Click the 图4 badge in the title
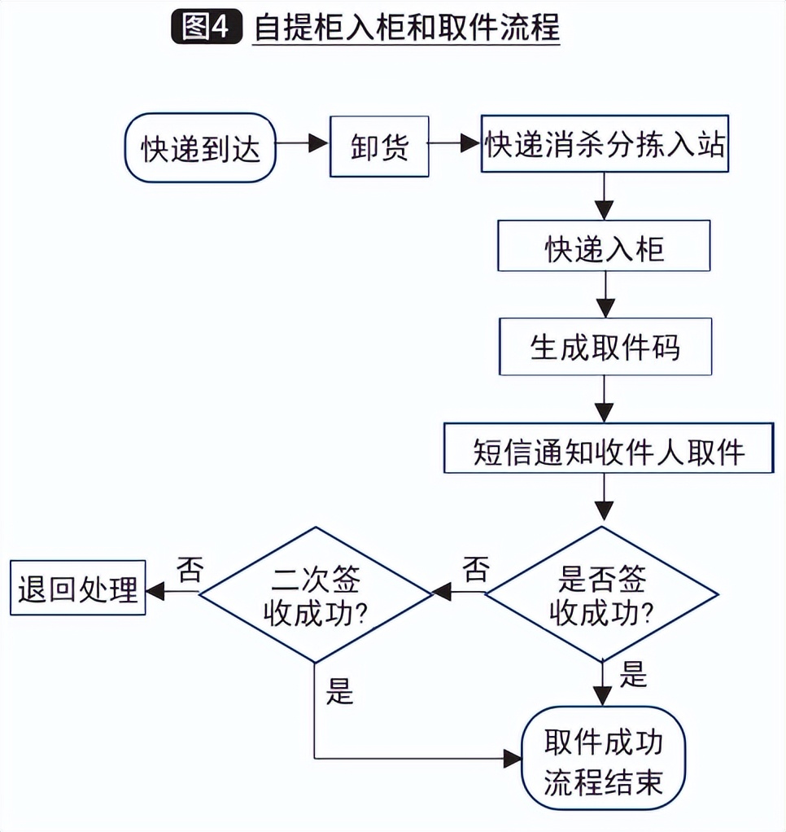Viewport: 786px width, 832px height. click(207, 28)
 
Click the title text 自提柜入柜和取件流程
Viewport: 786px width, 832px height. click(407, 28)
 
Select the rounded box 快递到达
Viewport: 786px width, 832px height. click(199, 147)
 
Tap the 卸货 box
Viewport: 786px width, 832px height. click(378, 146)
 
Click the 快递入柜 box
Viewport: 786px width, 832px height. click(604, 247)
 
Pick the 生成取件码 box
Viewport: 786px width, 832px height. click(604, 348)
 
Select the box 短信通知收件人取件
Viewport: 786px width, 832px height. click(608, 449)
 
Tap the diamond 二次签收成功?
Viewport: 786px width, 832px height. click(314, 593)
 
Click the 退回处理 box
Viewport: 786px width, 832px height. click(77, 588)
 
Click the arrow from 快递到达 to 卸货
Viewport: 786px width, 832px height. click(303, 143)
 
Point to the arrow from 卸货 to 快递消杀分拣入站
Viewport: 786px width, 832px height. click(455, 143)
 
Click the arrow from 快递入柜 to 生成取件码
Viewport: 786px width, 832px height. click(603, 295)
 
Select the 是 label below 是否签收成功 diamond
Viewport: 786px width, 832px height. click(633, 674)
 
